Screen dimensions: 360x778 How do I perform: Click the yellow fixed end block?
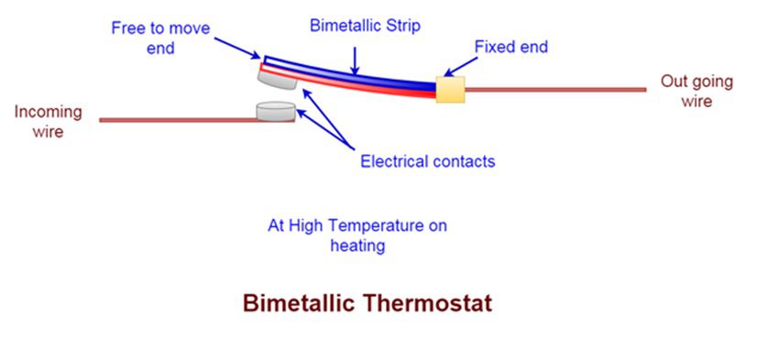pyautogui.click(x=450, y=89)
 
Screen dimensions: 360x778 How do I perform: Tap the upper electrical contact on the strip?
pyautogui.click(x=276, y=80)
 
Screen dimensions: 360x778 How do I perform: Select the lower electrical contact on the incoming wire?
pyautogui.click(x=276, y=112)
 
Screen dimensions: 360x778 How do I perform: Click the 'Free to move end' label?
pyautogui.click(x=160, y=38)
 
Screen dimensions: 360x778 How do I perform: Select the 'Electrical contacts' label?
pyautogui.click(x=427, y=161)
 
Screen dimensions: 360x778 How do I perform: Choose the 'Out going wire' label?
pyautogui.click(x=696, y=91)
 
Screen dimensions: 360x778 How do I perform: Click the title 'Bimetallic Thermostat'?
pyautogui.click(x=367, y=302)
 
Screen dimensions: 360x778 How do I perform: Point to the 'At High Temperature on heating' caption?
pyautogui.click(x=357, y=235)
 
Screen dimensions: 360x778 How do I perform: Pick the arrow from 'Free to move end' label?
pyautogui.click(x=238, y=51)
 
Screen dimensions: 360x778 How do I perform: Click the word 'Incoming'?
pyautogui.click(x=48, y=112)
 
